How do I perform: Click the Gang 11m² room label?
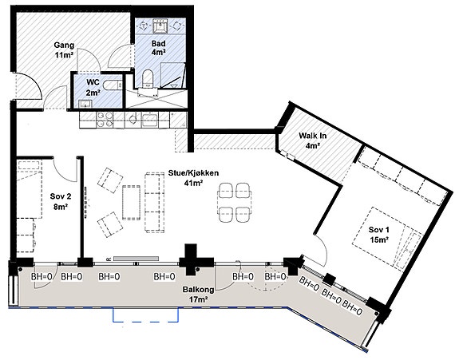pos(64,50)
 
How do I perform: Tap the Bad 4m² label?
pos(159,48)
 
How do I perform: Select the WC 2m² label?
pos(93,87)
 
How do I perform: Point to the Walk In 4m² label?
pos(312,140)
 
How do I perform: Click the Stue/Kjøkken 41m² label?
pos(193,178)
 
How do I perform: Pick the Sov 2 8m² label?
pos(61,201)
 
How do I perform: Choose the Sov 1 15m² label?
pos(379,235)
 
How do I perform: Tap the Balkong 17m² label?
pos(198,295)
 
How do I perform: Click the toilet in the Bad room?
pos(148,78)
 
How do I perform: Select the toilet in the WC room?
pos(113,85)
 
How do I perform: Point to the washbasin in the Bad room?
pos(160,26)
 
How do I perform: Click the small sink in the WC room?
pos(85,104)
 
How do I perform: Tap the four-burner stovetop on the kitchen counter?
pos(105,120)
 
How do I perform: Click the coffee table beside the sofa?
pos(132,202)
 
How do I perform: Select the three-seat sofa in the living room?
pos(154,202)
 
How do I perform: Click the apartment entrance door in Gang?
pos(28,86)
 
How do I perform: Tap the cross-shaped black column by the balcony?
pos(196,260)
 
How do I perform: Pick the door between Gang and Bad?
pos(120,57)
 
